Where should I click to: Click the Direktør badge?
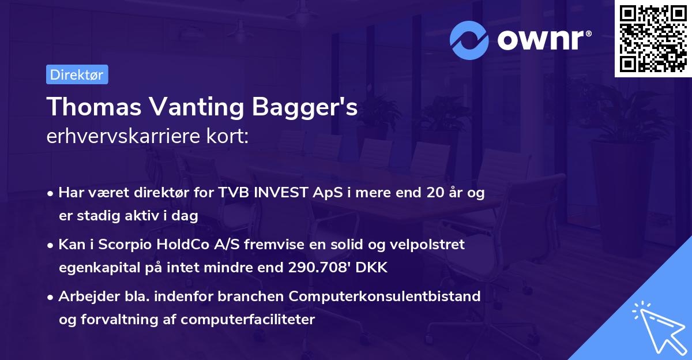click(x=77, y=74)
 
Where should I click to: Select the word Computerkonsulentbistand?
click(x=385, y=297)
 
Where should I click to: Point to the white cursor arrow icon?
click(x=657, y=327)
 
